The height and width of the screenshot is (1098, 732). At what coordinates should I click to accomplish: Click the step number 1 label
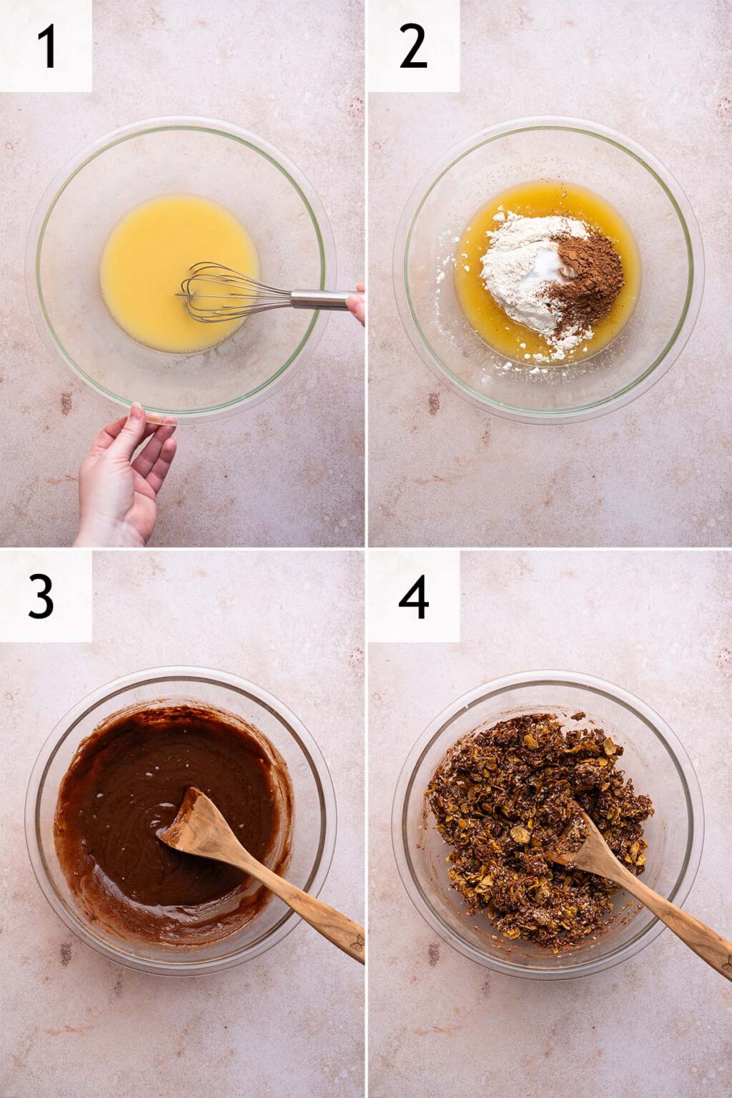46,46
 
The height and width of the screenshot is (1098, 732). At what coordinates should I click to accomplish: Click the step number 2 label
412,46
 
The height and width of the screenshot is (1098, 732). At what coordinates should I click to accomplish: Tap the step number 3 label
41,596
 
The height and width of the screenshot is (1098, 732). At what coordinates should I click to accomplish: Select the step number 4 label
413,596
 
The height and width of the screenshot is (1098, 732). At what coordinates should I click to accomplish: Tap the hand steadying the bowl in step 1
125,475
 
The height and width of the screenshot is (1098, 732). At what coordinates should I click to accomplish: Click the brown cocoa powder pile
590,275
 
